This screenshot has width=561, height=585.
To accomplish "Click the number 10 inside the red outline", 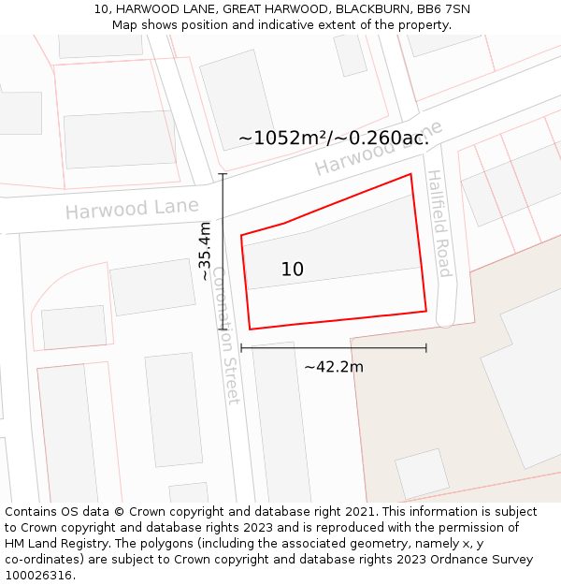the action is click(x=292, y=270).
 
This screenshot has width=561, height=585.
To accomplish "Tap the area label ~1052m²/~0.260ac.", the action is click(x=334, y=138).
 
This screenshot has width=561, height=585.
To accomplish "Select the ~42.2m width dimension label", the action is click(x=333, y=367).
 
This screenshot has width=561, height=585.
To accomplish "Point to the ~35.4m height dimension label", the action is click(x=205, y=251).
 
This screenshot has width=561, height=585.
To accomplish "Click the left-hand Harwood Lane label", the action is click(x=132, y=208).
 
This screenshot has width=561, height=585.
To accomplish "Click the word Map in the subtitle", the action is click(x=125, y=24).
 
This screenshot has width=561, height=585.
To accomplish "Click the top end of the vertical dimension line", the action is click(x=223, y=173).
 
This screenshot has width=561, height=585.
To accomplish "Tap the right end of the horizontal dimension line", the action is click(x=426, y=347).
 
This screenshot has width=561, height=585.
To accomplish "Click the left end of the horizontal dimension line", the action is click(x=241, y=347).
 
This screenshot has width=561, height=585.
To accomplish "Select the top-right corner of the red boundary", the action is click(x=410, y=174).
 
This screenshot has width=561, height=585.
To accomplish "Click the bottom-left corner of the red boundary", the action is click(x=250, y=329).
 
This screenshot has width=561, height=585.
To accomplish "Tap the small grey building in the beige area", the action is click(x=422, y=474).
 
